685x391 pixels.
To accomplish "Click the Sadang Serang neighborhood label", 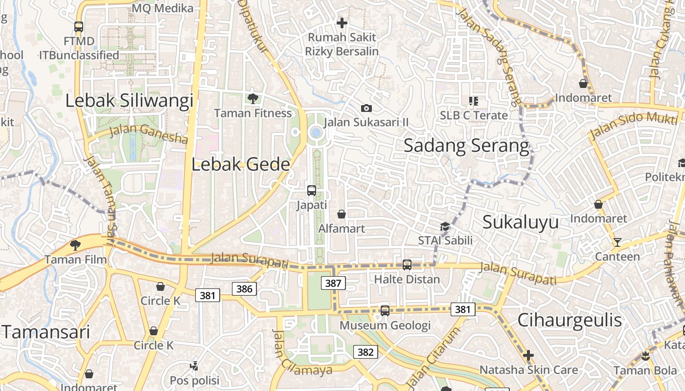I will pos(466,146).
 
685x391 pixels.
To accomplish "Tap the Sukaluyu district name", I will pos(521,222).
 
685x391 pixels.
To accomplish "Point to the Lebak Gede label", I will pos(241,164).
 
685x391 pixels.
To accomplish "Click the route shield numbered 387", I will pos(333,283).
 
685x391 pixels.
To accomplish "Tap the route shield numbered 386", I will pos(244,289).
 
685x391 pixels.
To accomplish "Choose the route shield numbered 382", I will pos(365,352).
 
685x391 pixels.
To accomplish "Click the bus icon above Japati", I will pos(312,191).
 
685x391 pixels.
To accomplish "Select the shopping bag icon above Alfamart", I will pos(342,214).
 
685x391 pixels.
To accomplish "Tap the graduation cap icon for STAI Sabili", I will pos(445,226).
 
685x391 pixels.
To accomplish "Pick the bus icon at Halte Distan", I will pos(407,265).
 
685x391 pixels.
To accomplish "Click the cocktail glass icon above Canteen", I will pos(617,242).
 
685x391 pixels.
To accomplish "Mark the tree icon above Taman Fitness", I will pos(253,99).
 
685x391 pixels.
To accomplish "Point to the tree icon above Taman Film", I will pos(75,245).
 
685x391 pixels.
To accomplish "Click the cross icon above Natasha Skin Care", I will pos(528,355).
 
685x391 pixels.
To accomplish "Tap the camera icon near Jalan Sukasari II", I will pos(366,108).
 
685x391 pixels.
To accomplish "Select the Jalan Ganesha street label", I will pos(148,133).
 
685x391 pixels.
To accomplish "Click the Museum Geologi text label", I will pos(385,325).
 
